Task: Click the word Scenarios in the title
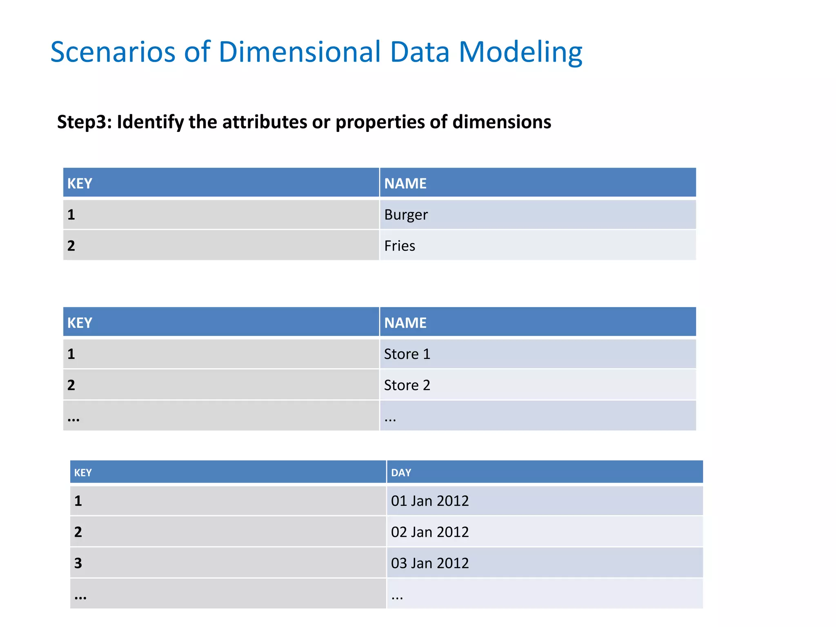coord(113,52)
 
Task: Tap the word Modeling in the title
coord(520,53)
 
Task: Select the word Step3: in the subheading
coord(84,122)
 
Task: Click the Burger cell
coord(406,215)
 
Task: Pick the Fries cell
coord(400,246)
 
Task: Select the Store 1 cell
coord(407,354)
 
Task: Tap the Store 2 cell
coord(407,385)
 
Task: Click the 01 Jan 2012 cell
coord(430,501)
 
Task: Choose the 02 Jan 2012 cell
coord(430,532)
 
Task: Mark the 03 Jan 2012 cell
coord(430,563)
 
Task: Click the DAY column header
coord(401,473)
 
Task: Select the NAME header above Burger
coord(405,183)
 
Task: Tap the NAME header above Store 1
coord(405,323)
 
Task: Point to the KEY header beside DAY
coord(83,473)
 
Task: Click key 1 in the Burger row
coord(71,215)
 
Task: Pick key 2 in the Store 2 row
coord(71,385)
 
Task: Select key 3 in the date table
coord(78,563)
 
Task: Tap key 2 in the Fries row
coord(71,246)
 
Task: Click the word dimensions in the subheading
coord(502,122)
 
